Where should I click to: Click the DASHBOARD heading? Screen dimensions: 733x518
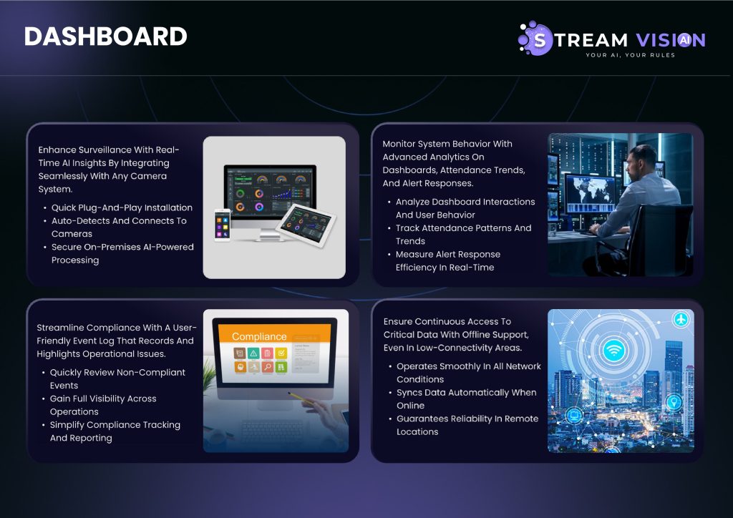106,36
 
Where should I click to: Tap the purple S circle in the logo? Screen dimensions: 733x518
539,39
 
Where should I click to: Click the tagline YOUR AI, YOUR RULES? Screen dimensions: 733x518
630,55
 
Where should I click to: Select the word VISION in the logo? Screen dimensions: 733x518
671,40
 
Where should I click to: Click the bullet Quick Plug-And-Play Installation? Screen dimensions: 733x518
122,207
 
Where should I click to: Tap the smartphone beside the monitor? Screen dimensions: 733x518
222,225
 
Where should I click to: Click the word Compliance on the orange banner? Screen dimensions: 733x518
259,336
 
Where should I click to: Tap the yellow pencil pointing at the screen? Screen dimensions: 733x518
301,398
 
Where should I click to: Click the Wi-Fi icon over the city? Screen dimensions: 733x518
614,349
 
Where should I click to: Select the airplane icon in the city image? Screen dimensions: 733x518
681,320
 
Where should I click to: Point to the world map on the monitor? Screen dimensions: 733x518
590,189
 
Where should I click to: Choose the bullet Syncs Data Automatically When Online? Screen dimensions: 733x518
466,399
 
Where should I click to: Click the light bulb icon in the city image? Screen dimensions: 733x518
674,401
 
